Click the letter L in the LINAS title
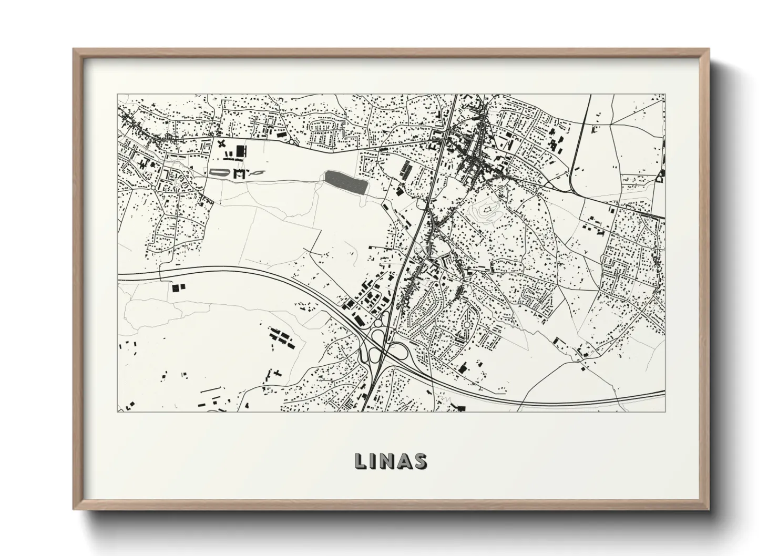coord(360,460)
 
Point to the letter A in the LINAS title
coord(405,460)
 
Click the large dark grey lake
coord(345,181)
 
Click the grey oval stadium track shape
coord(217,172)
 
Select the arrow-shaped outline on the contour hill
coord(488,210)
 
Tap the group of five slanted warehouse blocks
coord(281,336)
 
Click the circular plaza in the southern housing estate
coord(466,330)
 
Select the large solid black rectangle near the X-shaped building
coord(241,152)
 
